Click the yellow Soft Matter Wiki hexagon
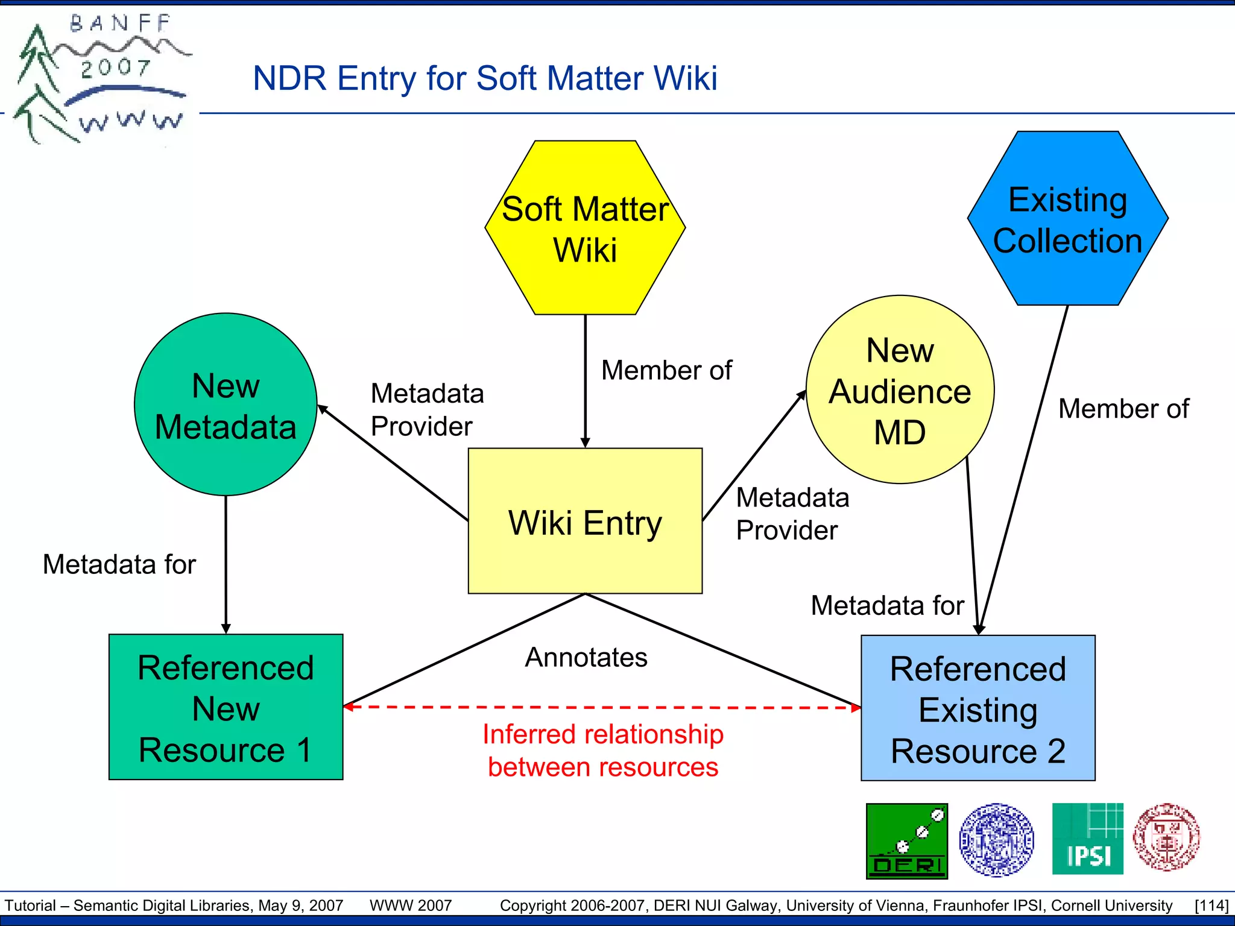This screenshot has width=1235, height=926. pyautogui.click(x=585, y=228)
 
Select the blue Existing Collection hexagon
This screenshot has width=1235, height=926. pyautogui.click(x=1067, y=218)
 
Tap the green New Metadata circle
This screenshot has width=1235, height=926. pyautogui.click(x=226, y=405)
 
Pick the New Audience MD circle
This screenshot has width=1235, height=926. pyautogui.click(x=900, y=390)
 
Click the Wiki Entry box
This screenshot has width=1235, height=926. pyautogui.click(x=585, y=521)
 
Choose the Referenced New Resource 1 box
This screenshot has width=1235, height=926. pyautogui.click(x=226, y=707)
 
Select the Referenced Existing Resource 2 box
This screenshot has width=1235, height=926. pyautogui.click(x=978, y=708)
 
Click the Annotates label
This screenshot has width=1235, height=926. pyautogui.click(x=586, y=657)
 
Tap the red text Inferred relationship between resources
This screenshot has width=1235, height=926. pyautogui.click(x=603, y=751)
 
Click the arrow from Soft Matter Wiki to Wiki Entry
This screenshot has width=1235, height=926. pyautogui.click(x=585, y=380)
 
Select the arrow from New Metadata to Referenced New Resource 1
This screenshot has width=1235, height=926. pyautogui.click(x=226, y=564)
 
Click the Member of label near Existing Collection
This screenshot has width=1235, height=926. pyautogui.click(x=1123, y=409)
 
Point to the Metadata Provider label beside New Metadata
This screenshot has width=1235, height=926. pyautogui.click(x=427, y=410)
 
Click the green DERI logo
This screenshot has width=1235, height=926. pyautogui.click(x=906, y=840)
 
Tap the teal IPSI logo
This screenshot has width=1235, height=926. pyautogui.click(x=1087, y=839)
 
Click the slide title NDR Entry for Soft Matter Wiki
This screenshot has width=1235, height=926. pyautogui.click(x=485, y=78)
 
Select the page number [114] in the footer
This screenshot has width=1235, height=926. pyautogui.click(x=1211, y=906)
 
